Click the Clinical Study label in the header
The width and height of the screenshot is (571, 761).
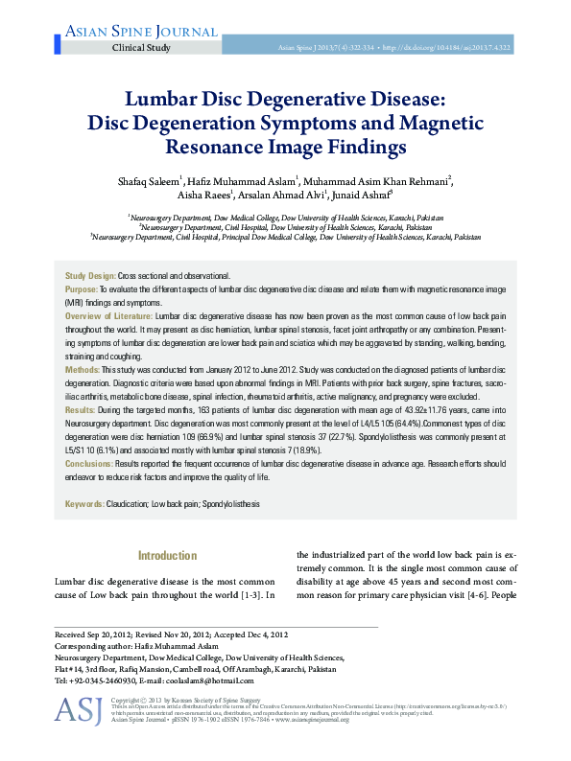[x=142, y=47]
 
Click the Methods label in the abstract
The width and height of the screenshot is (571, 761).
[x=83, y=369]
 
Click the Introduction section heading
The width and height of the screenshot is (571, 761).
[x=168, y=556]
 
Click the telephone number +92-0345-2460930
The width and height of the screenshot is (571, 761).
[x=103, y=680]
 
